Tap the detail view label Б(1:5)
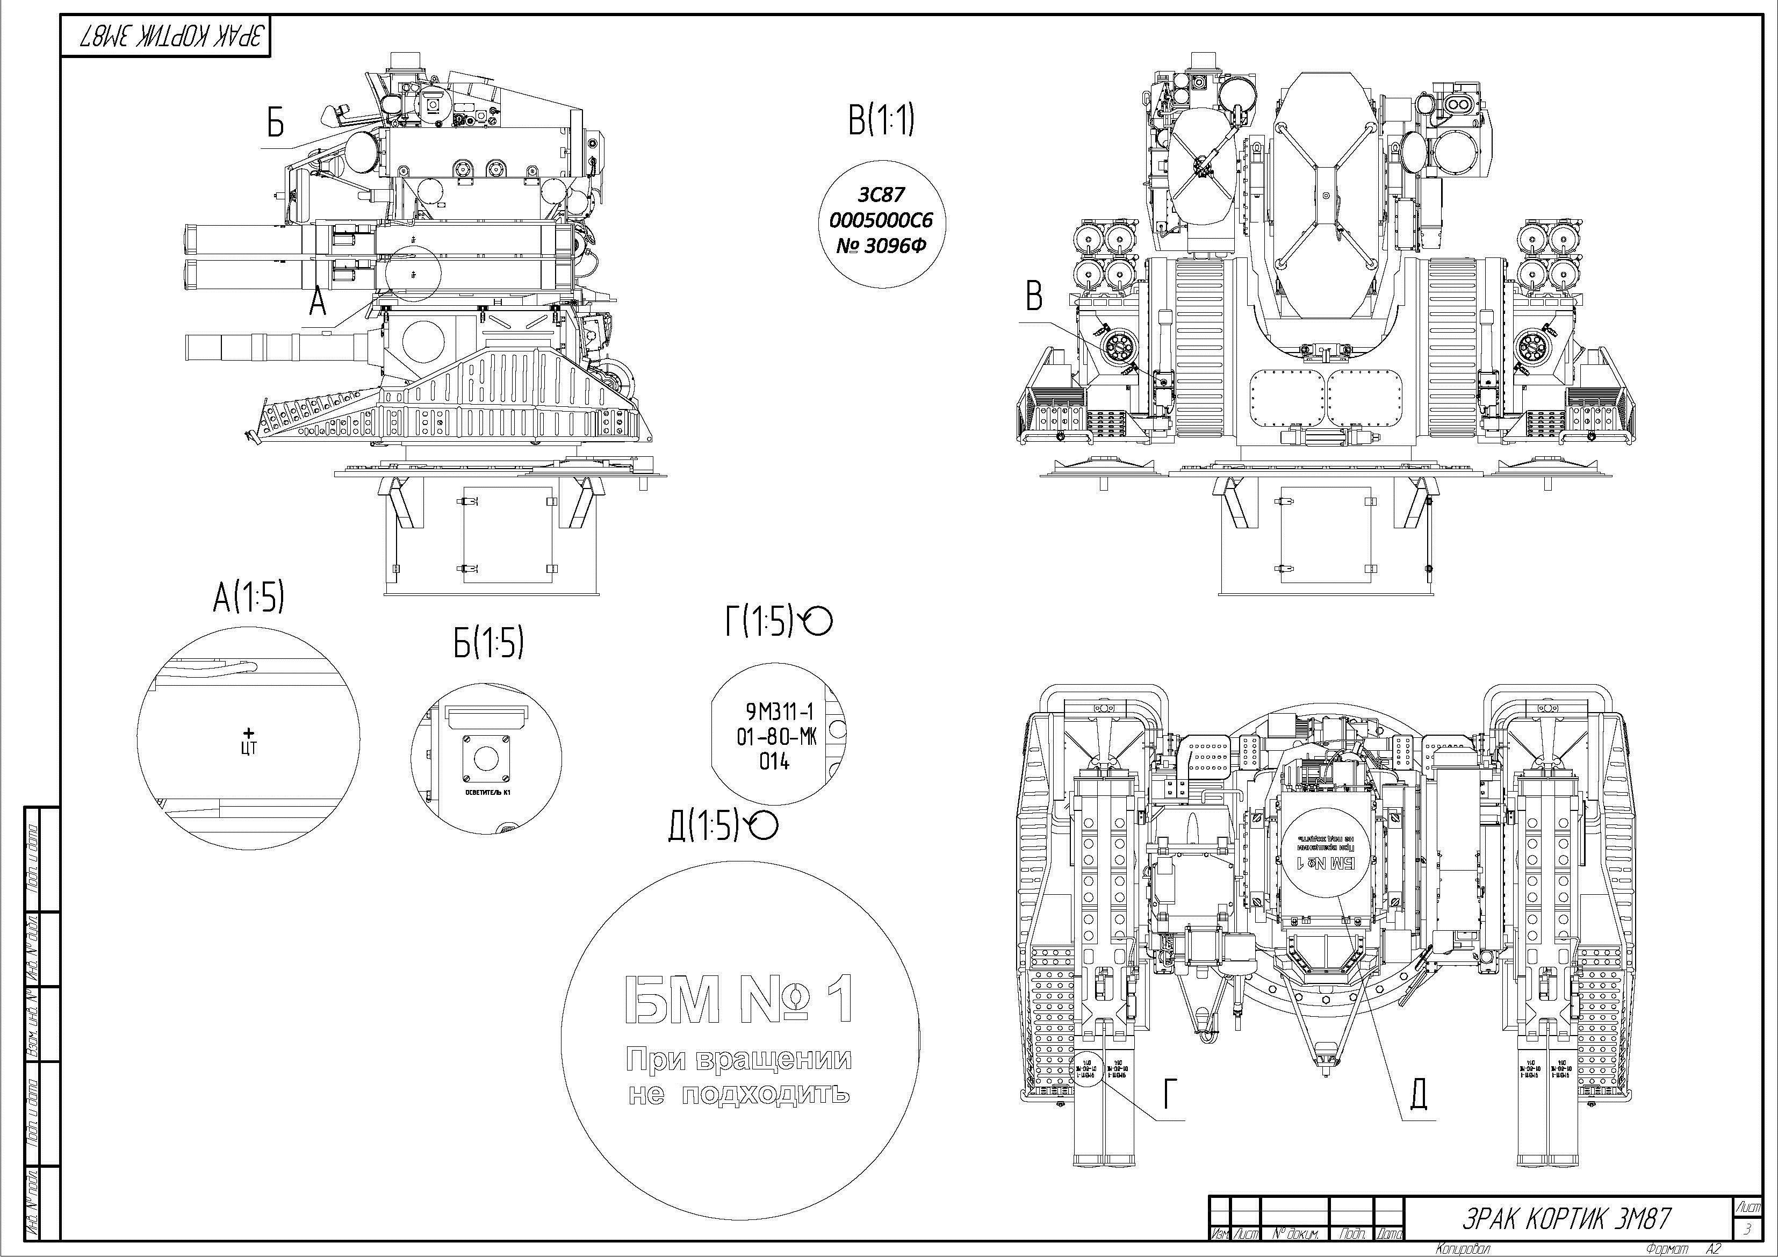(x=488, y=642)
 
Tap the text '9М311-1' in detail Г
(x=779, y=710)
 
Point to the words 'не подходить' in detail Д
(x=739, y=1094)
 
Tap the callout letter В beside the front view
(x=1033, y=296)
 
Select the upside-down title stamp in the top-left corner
(x=167, y=37)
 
